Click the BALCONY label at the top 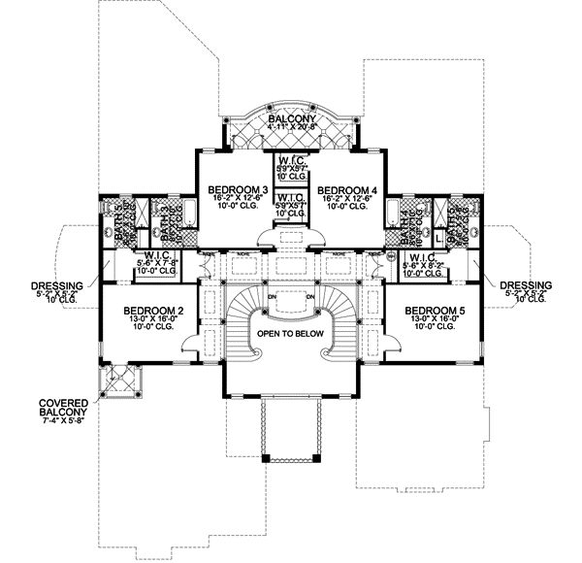click(291, 114)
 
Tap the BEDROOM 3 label click(238, 188)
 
